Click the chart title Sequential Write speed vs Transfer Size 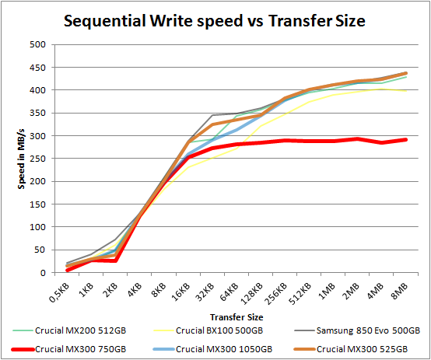pyautogui.click(x=215, y=20)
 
